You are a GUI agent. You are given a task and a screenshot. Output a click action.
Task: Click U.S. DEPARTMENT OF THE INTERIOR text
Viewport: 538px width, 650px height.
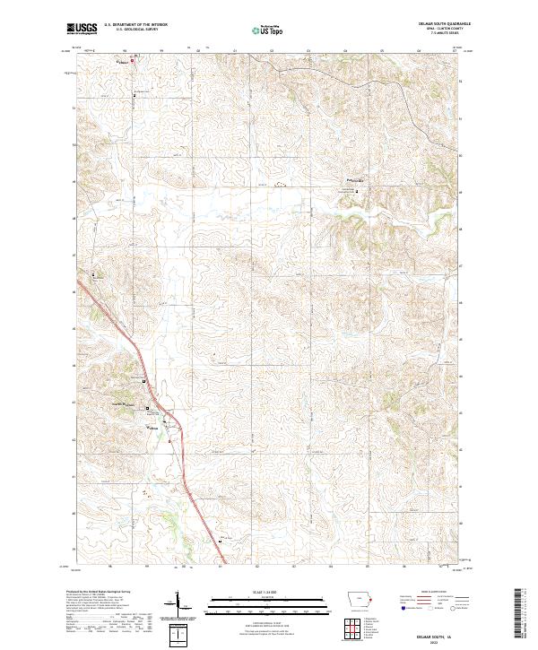coord(136,25)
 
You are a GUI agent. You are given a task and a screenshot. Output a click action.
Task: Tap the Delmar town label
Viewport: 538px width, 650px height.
coord(124,62)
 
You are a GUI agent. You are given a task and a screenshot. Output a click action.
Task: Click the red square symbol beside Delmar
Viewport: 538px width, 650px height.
coord(134,61)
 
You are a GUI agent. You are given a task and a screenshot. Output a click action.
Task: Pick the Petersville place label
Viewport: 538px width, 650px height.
coord(358,182)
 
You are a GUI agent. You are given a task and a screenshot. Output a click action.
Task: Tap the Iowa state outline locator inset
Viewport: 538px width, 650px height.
coord(357,602)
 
